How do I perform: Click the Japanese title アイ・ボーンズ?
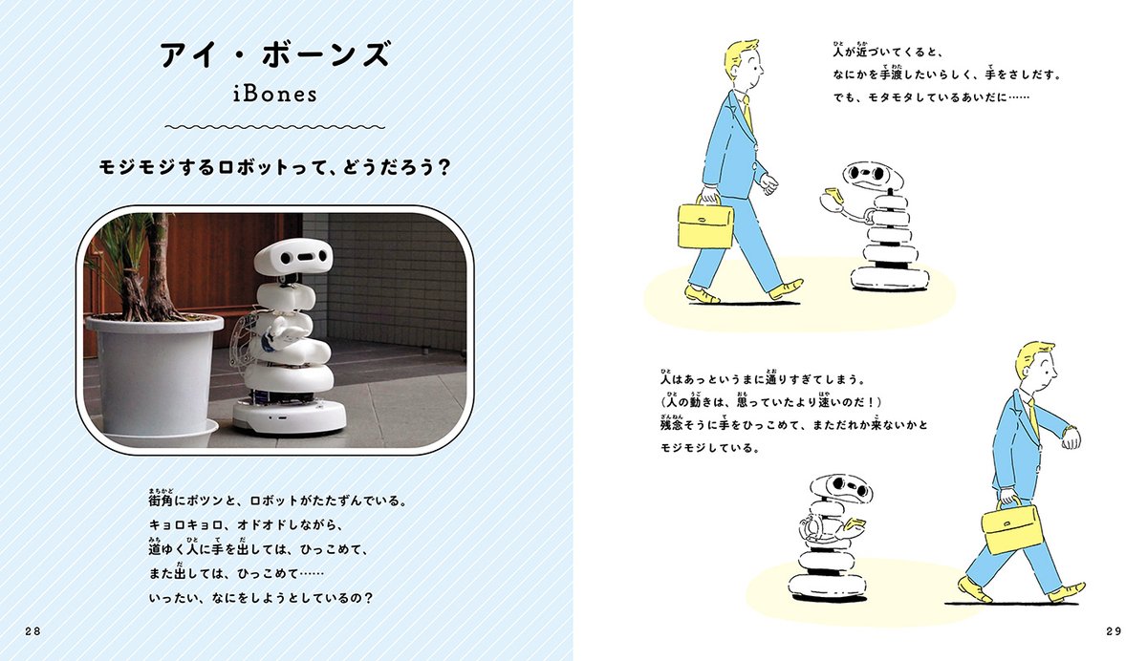(274, 55)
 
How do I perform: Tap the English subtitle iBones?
(274, 96)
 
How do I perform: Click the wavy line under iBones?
(274, 126)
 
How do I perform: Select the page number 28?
(33, 631)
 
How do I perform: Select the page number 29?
(1112, 631)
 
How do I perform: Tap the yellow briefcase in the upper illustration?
(705, 224)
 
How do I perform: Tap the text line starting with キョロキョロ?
(245, 525)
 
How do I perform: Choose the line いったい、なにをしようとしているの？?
(260, 599)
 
